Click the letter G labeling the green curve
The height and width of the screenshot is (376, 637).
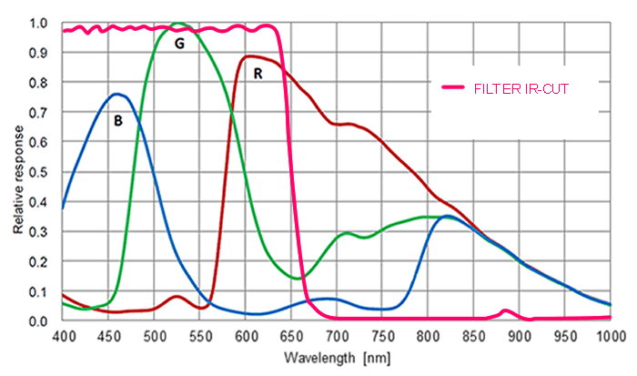pyautogui.click(x=179, y=44)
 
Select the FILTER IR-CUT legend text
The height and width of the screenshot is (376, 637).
pyautogui.click(x=521, y=87)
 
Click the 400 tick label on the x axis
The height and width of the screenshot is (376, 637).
pyautogui.click(x=63, y=336)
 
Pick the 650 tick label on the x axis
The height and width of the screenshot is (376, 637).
pyautogui.click(x=291, y=336)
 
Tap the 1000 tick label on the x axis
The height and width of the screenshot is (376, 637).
pyautogui.click(x=610, y=336)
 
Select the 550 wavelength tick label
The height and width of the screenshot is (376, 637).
pyautogui.click(x=199, y=336)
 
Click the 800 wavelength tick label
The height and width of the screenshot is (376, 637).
pyautogui.click(x=428, y=336)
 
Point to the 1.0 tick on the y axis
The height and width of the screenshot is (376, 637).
pyautogui.click(x=37, y=23)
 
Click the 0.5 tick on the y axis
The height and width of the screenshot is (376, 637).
pyautogui.click(x=37, y=172)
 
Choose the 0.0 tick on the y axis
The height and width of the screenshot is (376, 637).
pyautogui.click(x=37, y=320)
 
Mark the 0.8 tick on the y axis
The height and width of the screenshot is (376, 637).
pyautogui.click(x=37, y=83)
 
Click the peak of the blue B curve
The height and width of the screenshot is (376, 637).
pyautogui.click(x=116, y=94)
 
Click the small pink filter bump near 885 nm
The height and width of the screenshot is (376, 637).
pyautogui.click(x=506, y=310)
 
